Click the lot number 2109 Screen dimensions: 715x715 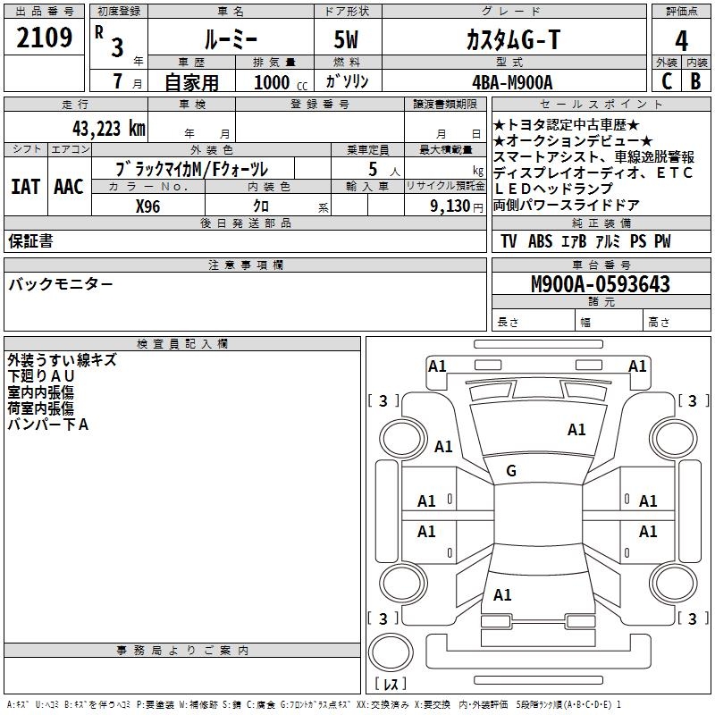[x=45, y=38]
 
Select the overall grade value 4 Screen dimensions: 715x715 [x=681, y=41]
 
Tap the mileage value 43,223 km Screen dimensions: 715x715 [x=99, y=129]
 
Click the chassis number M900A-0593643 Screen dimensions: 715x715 [x=600, y=284]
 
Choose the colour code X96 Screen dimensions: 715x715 [x=148, y=206]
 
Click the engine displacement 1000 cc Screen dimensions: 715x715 [x=277, y=82]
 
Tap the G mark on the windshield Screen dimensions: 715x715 [x=511, y=471]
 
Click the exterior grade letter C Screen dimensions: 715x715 [x=666, y=81]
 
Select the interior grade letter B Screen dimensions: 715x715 [x=695, y=81]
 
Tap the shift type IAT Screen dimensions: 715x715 [x=26, y=187]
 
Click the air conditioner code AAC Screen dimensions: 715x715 [x=68, y=187]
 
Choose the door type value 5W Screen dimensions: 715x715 [x=348, y=39]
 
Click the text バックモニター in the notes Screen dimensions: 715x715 [x=61, y=284]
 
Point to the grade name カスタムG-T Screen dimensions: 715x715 [x=512, y=39]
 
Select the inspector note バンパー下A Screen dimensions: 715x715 [x=48, y=425]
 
